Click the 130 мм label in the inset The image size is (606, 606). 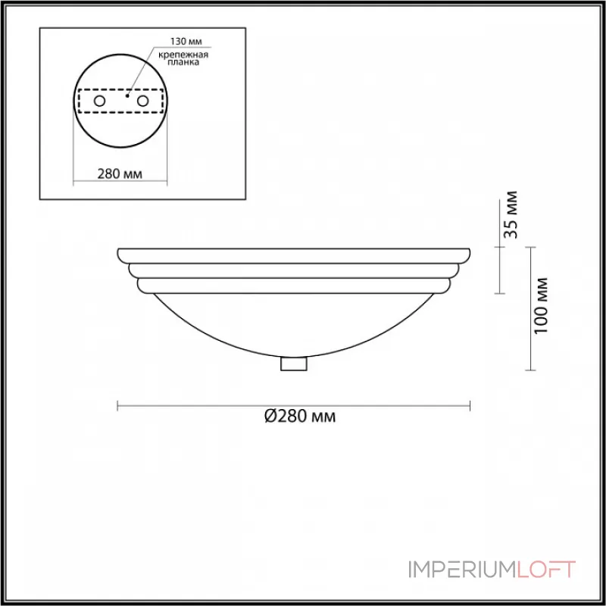pos(186,42)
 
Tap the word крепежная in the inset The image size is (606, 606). pos(183,55)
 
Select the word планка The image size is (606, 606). pos(183,62)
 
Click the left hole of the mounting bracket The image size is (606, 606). pos(99,102)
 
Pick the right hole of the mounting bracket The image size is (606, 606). pos(142,102)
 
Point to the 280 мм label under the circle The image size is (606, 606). pos(120,174)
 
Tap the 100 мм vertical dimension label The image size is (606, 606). pos(541,306)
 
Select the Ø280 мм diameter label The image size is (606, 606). pos(300,416)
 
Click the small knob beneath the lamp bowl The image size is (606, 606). pos(294,364)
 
